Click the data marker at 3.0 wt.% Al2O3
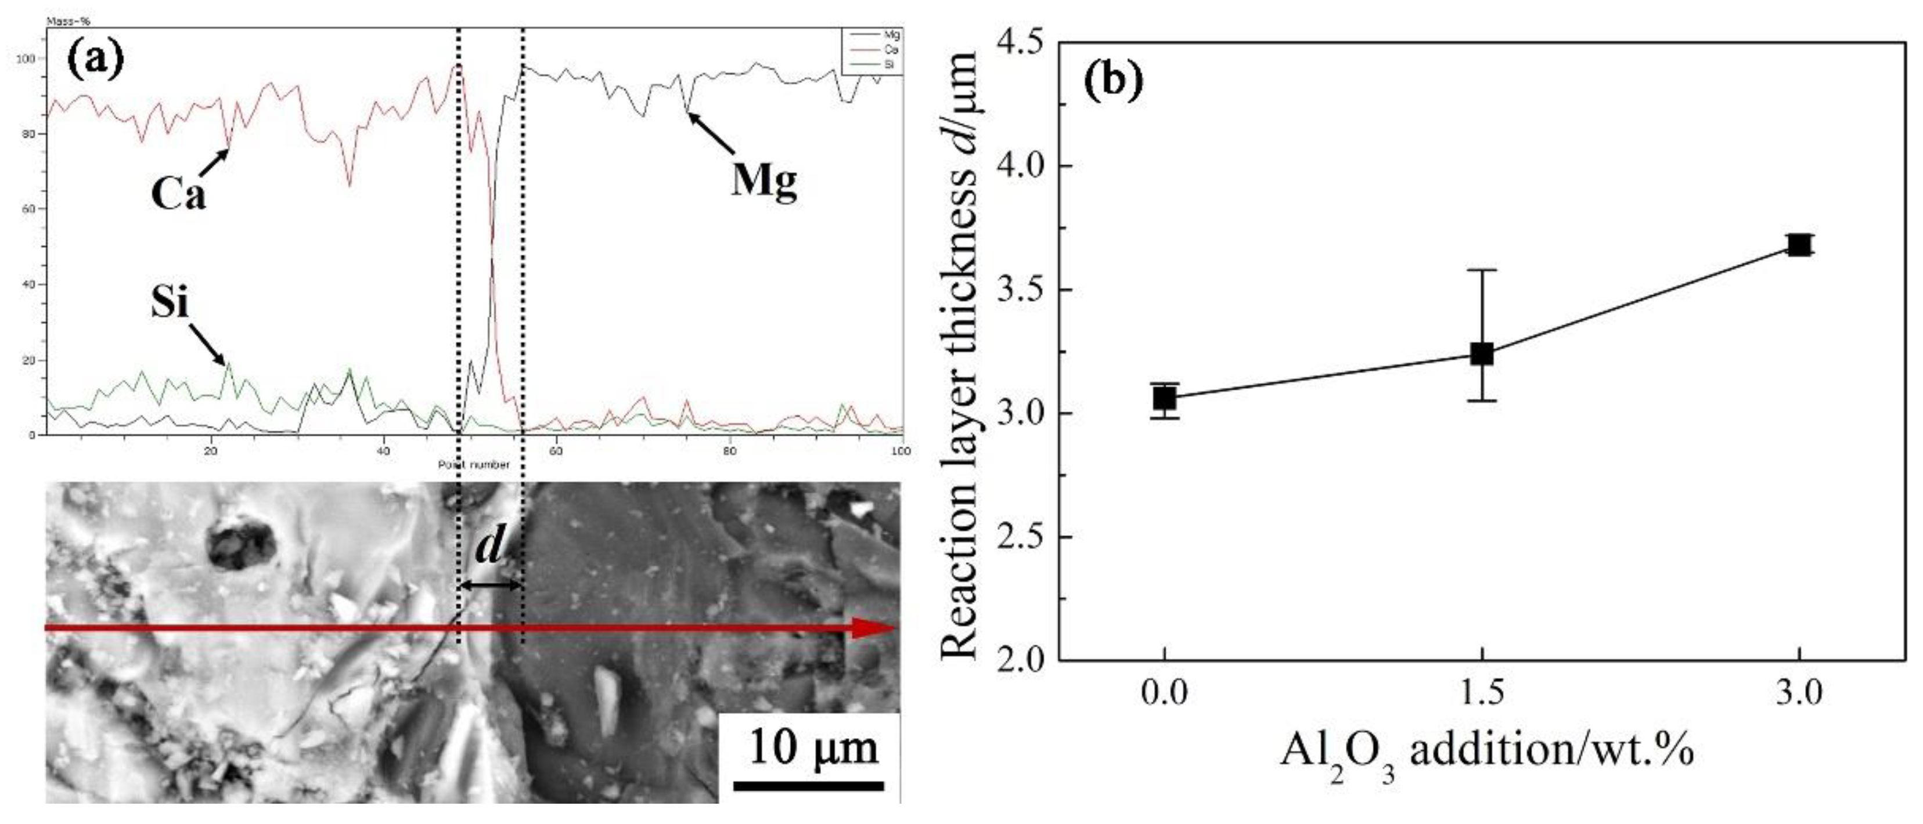tap(1799, 245)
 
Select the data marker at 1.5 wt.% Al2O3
tap(1482, 354)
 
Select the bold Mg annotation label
tap(764, 180)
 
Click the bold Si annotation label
tap(170, 303)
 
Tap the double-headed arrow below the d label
tap(489, 586)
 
